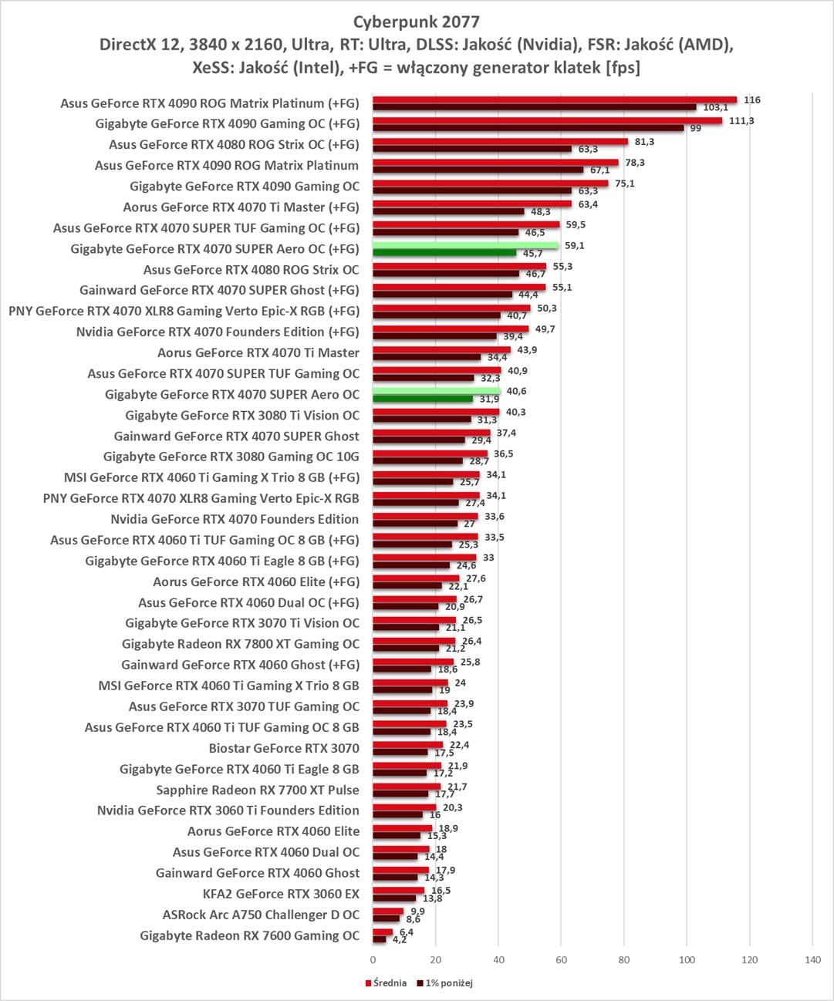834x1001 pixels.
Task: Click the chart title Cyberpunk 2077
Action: point(417,21)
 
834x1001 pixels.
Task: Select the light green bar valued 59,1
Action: point(465,246)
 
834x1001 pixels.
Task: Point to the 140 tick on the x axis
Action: point(812,960)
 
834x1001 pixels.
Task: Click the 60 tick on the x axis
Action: point(561,960)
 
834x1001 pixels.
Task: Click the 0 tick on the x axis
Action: point(373,960)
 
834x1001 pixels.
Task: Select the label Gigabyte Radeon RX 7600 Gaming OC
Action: point(249,935)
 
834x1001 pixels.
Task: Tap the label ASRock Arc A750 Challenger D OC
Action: point(261,915)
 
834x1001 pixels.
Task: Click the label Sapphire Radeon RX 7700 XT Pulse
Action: point(258,790)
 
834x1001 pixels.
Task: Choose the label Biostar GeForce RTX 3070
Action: point(284,748)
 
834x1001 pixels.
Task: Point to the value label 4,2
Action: point(400,940)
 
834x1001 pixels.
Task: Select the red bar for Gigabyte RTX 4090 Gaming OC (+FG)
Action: point(547,120)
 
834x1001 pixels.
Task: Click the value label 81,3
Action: point(644,142)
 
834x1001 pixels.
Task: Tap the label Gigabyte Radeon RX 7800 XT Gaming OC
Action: point(241,644)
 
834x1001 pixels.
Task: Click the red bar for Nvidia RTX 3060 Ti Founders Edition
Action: point(404,807)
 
